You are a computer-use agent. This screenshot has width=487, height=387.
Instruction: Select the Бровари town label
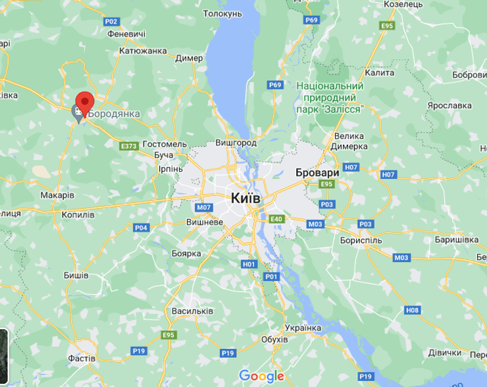317,172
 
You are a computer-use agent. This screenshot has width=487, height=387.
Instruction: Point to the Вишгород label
236,142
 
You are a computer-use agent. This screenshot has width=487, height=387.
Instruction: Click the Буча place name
163,155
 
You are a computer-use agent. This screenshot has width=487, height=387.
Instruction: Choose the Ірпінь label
170,168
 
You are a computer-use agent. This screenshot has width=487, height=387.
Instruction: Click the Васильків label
192,311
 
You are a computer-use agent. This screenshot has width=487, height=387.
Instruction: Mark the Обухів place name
274,339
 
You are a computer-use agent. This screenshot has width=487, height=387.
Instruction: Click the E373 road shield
128,145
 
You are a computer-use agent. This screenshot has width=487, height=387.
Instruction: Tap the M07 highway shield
203,207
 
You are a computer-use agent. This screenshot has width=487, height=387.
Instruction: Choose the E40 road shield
276,219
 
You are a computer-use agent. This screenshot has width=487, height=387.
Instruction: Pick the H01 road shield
248,264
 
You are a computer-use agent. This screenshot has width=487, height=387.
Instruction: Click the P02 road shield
109,21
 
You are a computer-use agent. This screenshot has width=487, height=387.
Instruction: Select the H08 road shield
413,309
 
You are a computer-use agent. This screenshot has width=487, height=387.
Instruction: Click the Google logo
261,376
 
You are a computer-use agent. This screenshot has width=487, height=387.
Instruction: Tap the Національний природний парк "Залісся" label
330,97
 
